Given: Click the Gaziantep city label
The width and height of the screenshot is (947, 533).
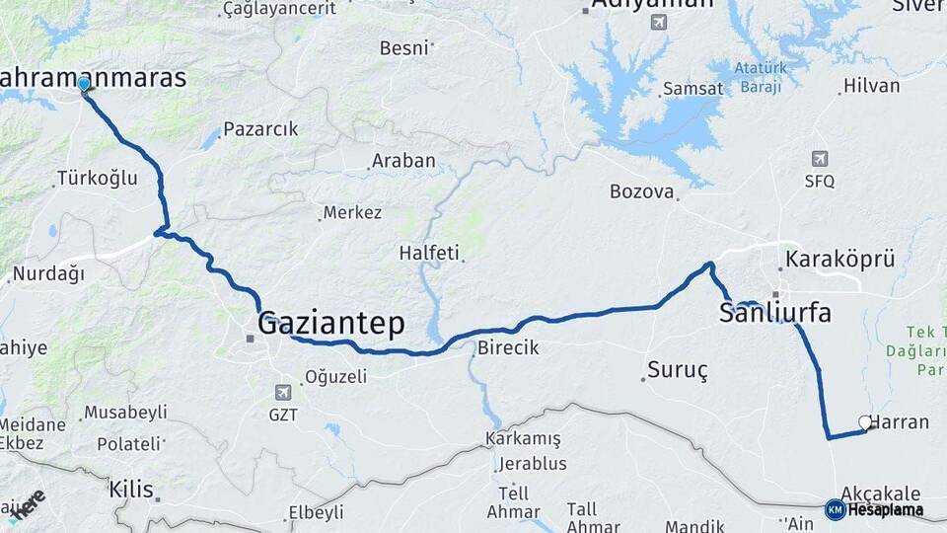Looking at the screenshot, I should pyautogui.click(x=330, y=323).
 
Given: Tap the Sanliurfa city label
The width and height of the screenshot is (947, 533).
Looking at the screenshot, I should pyautogui.click(x=774, y=314).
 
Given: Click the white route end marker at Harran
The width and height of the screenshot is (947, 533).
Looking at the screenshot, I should pyautogui.click(x=865, y=422).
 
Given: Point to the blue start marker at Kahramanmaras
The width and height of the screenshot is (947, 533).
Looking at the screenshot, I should pyautogui.click(x=84, y=85).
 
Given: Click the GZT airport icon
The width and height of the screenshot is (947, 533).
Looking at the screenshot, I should pyautogui.click(x=284, y=393).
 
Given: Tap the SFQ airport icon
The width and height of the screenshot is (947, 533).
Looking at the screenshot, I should pyautogui.click(x=819, y=159).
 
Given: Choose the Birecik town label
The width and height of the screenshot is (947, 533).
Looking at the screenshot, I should pyautogui.click(x=509, y=347).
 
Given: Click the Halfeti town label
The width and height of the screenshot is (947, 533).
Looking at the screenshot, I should pyautogui.click(x=429, y=253).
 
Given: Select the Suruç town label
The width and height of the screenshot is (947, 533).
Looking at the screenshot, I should pyautogui.click(x=678, y=371).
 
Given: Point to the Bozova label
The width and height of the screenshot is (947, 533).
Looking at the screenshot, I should pyautogui.click(x=641, y=191).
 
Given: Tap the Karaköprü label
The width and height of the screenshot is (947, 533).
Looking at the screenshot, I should pyautogui.click(x=839, y=260).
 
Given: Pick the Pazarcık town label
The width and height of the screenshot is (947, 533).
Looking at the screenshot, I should pyautogui.click(x=260, y=129).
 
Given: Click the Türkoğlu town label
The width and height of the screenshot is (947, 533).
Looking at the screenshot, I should pyautogui.click(x=98, y=179).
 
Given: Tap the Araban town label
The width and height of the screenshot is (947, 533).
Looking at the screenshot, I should pyautogui.click(x=403, y=161).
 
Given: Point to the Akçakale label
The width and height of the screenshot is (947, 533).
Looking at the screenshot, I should pyautogui.click(x=880, y=494).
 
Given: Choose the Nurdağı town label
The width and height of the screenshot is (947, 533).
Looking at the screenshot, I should pyautogui.click(x=48, y=273).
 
